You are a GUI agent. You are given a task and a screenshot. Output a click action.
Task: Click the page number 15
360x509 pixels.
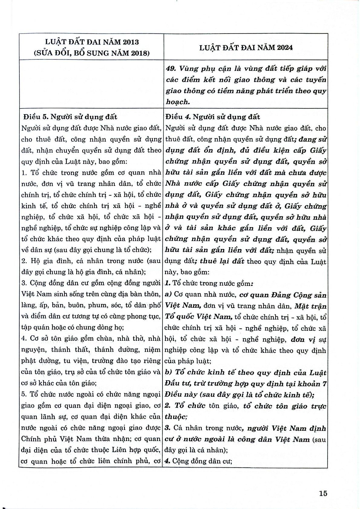click(323, 493)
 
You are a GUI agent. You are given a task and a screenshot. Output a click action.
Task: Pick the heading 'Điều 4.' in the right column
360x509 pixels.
click(178, 117)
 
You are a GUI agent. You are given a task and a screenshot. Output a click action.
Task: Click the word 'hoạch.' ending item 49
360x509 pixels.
click(178, 102)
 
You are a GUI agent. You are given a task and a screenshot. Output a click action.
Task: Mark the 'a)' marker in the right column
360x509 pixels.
click(169, 295)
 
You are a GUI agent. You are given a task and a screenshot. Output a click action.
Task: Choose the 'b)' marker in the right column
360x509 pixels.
click(169, 372)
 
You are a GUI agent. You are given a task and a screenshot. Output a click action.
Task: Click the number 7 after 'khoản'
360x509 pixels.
click(325, 384)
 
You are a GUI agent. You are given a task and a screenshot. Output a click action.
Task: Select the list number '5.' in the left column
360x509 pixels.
click(25, 394)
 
